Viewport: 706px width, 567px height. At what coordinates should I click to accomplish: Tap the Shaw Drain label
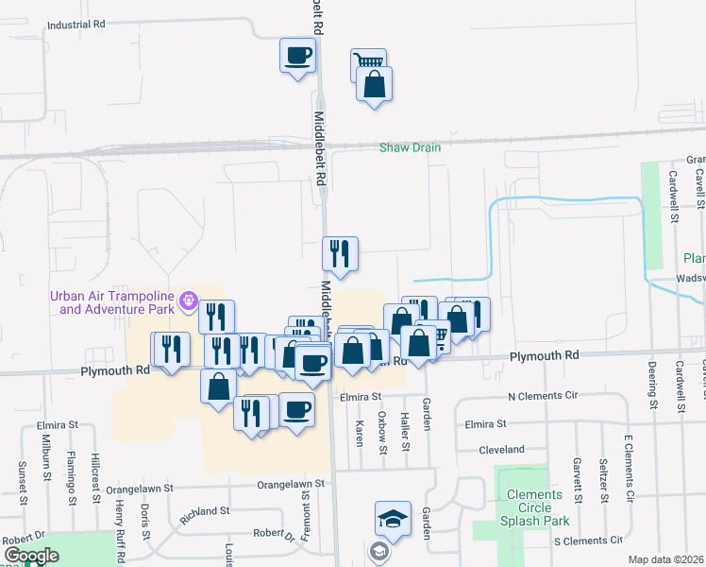click(x=410, y=147)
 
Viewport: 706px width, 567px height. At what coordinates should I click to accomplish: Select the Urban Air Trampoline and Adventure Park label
click(x=115, y=302)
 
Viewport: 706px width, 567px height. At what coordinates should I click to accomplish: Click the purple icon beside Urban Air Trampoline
click(x=189, y=302)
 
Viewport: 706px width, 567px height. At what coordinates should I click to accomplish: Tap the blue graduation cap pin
click(x=393, y=520)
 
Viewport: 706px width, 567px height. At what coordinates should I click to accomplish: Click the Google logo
click(x=31, y=557)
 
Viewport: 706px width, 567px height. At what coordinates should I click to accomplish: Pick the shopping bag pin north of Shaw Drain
click(x=375, y=85)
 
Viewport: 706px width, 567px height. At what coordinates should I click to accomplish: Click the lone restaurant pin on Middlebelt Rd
click(x=340, y=253)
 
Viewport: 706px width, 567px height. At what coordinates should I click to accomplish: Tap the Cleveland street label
click(x=501, y=450)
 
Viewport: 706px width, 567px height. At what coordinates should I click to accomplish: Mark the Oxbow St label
click(x=383, y=432)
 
